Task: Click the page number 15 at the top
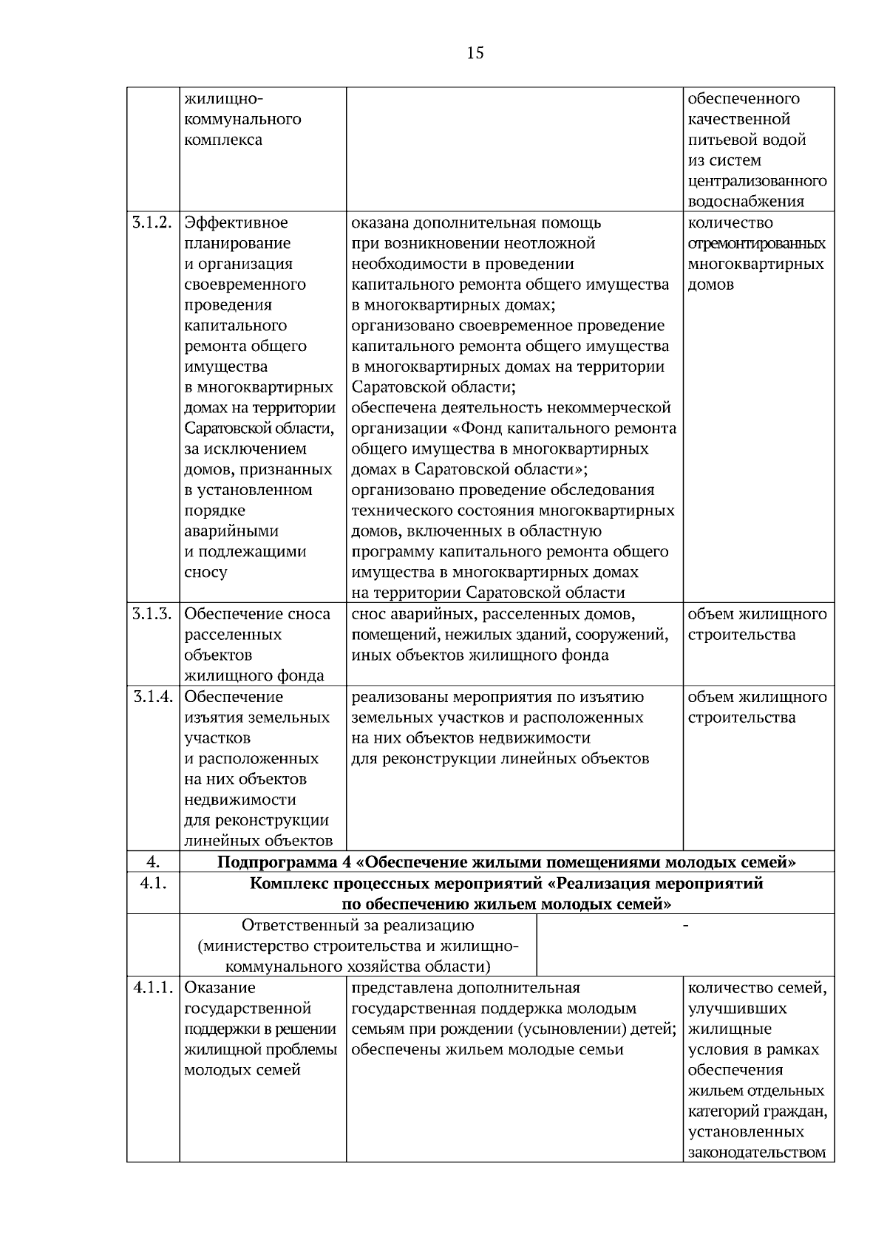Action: point(475,53)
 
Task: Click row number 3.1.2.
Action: point(152,222)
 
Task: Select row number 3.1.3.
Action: point(152,614)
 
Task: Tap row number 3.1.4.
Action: point(152,697)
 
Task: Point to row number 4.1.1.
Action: point(152,988)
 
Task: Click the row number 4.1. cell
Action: point(152,884)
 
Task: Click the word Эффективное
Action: point(236,222)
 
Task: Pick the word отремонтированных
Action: point(757,243)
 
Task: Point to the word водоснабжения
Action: point(746,202)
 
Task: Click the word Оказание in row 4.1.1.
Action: point(220,988)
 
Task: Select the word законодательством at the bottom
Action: point(757,1153)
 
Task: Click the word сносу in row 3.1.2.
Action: point(205,572)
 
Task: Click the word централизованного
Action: point(757,181)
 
